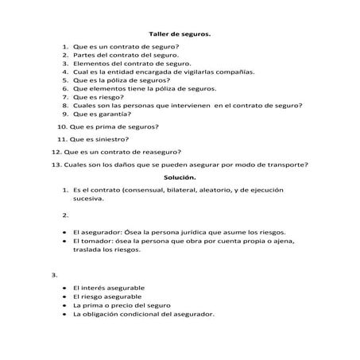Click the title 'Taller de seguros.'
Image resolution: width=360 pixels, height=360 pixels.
pyautogui.click(x=180, y=33)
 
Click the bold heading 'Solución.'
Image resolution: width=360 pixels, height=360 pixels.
pyautogui.click(x=180, y=177)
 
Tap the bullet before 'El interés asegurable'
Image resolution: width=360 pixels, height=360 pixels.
pyautogui.click(x=63, y=288)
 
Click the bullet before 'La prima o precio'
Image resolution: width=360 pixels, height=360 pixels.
pyautogui.click(x=63, y=305)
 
